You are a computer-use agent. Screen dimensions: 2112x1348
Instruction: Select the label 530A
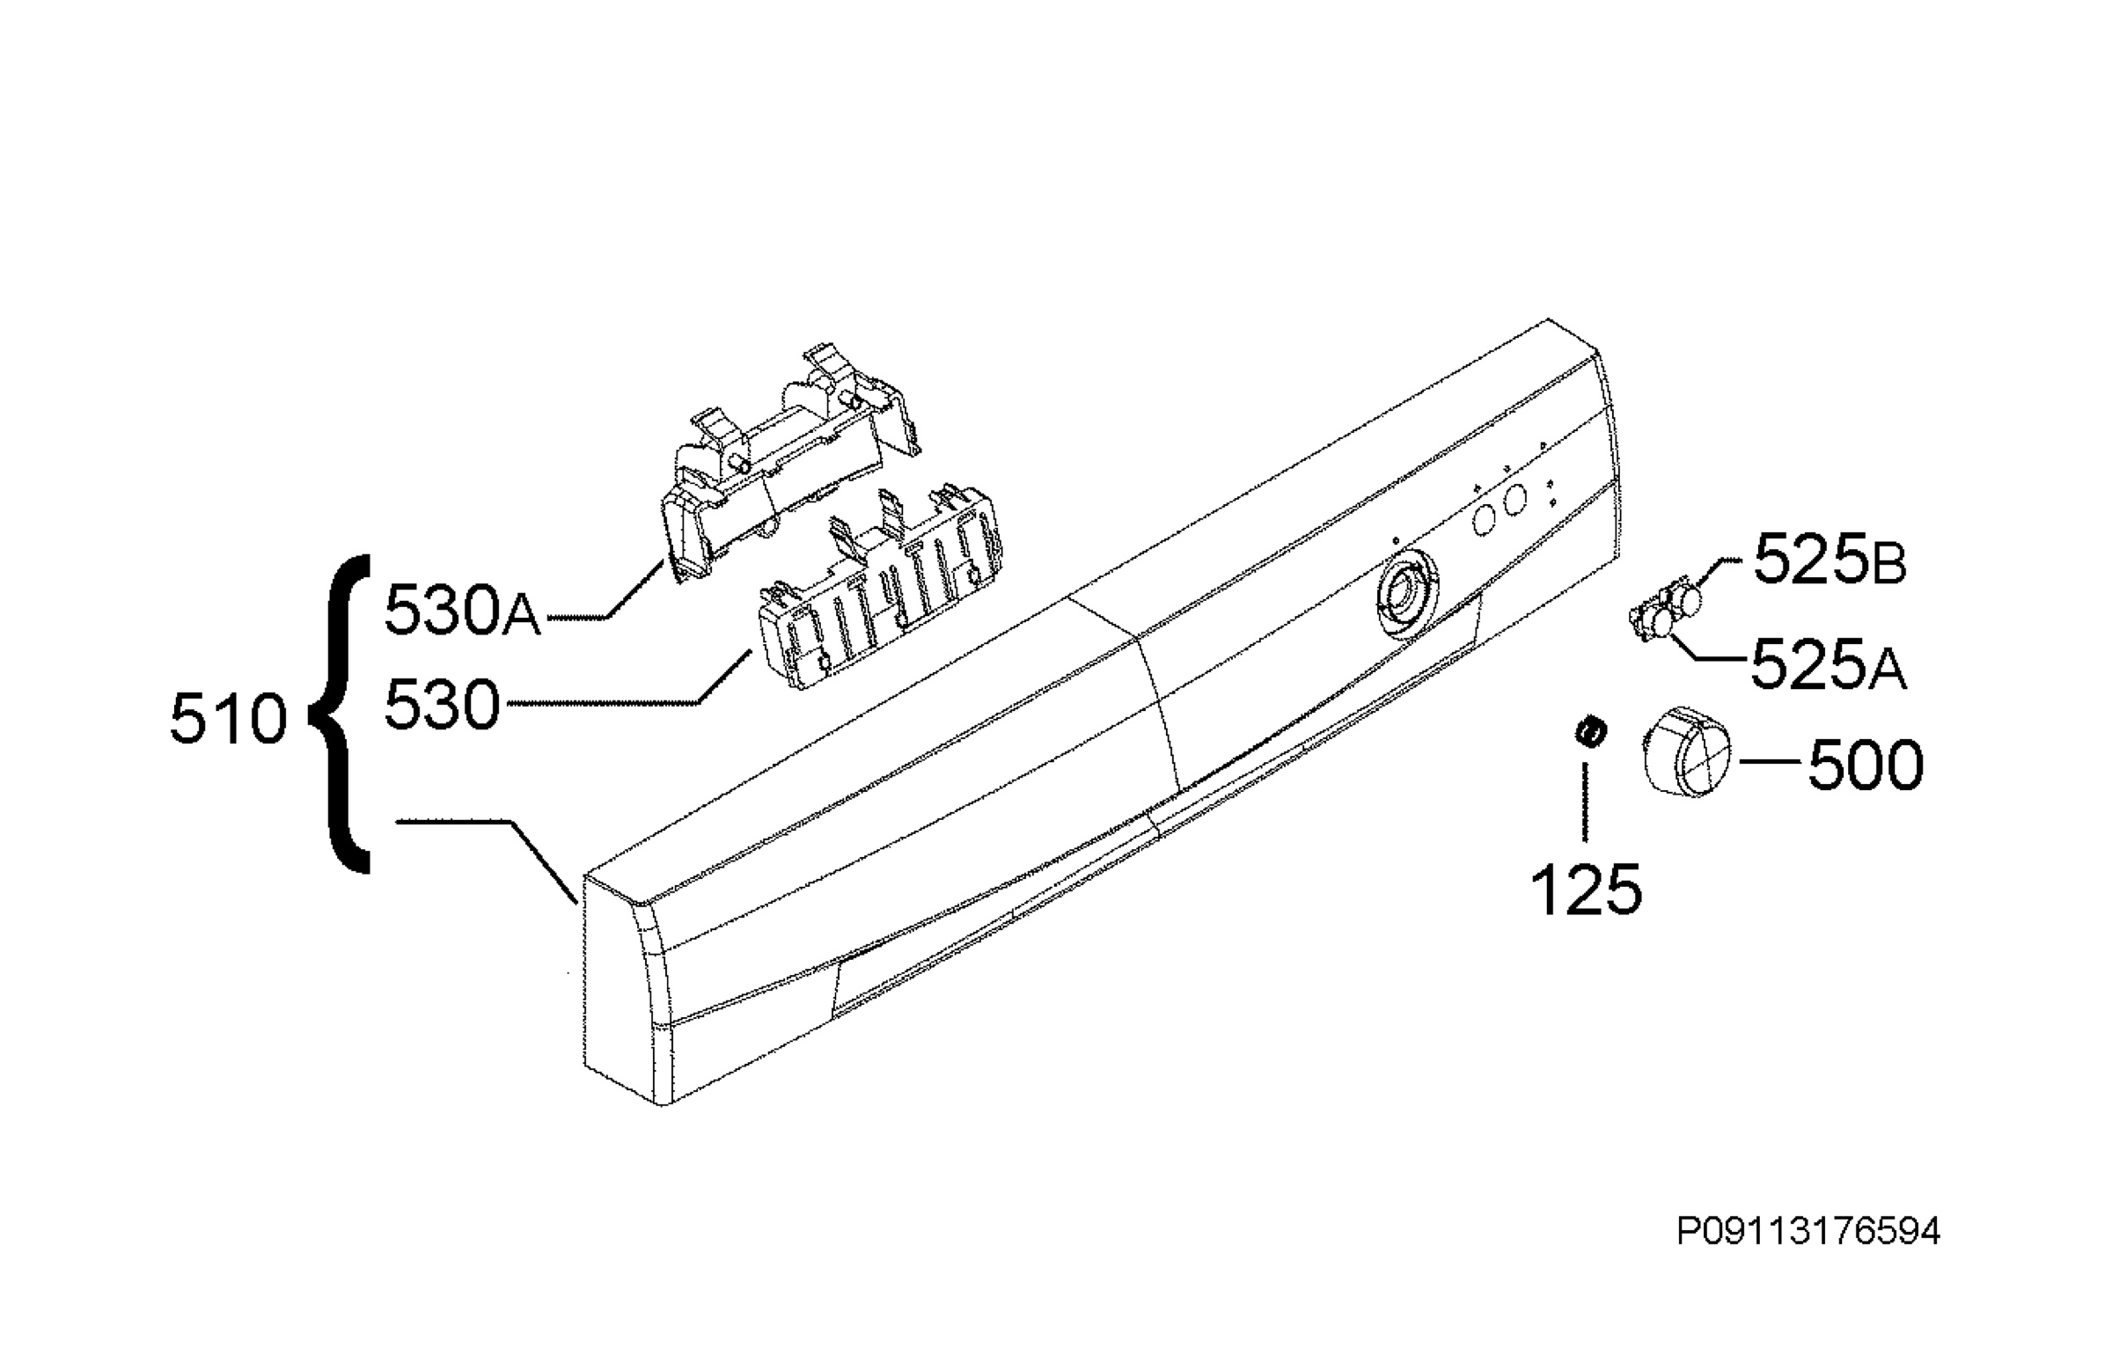pos(463,611)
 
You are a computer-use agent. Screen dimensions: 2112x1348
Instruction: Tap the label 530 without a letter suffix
pos(443,705)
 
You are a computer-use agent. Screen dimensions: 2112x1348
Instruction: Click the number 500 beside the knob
pos(1866,765)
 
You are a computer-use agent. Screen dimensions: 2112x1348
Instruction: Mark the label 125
pos(1587,890)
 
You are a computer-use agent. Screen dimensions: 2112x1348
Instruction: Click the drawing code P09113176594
pos(1808,1232)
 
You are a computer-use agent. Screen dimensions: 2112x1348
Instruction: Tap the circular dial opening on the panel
pos(1404,595)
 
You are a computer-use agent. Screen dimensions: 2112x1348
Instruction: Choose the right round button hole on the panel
pos(1514,501)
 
